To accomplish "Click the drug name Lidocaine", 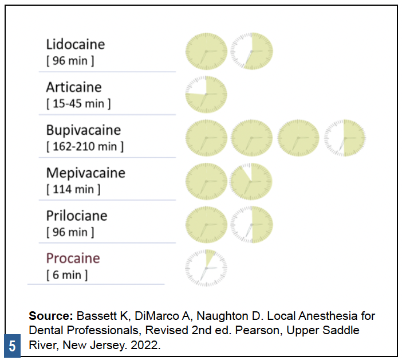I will (x=76, y=45).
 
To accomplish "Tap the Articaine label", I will (x=74, y=88).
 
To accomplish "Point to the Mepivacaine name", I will (x=85, y=173).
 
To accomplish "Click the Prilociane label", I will (x=77, y=216).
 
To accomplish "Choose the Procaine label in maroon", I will (x=73, y=259).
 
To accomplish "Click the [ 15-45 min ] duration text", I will (x=78, y=104).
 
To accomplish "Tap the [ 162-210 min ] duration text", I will (x=85, y=147).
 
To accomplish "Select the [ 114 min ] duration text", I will (x=73, y=189).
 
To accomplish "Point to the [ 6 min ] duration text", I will (x=67, y=275).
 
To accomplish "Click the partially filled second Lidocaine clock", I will (x=251, y=52).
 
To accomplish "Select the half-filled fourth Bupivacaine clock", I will (x=344, y=138).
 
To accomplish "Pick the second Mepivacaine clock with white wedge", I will (x=251, y=181).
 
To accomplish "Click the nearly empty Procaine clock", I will (x=206, y=267).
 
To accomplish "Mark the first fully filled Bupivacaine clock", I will (x=206, y=138).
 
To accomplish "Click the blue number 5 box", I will (x=12, y=347).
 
